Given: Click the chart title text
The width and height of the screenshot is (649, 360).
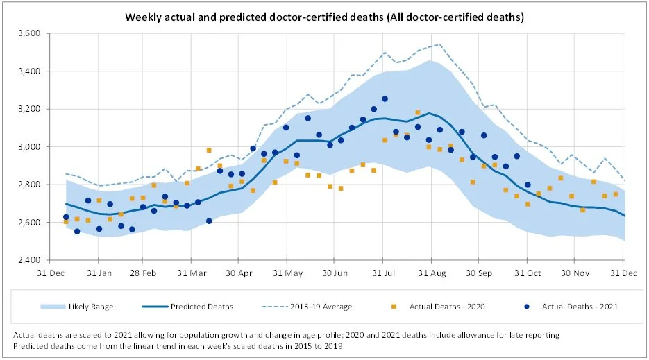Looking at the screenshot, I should pyautogui.click(x=323, y=16).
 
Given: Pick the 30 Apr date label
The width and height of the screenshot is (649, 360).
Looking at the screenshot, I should pyautogui.click(x=237, y=272).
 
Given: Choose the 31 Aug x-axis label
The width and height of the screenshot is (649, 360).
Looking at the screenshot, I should pyautogui.click(x=430, y=272).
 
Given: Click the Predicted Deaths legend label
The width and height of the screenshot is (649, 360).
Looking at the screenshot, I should pyautogui.click(x=208, y=306).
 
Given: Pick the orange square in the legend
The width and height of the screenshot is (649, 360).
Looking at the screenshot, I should pyautogui.click(x=394, y=306).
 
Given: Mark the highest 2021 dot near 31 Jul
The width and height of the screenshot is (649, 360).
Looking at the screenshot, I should pyautogui.click(x=385, y=98).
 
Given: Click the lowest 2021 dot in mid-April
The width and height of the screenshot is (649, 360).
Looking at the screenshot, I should pyautogui.click(x=209, y=221).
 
